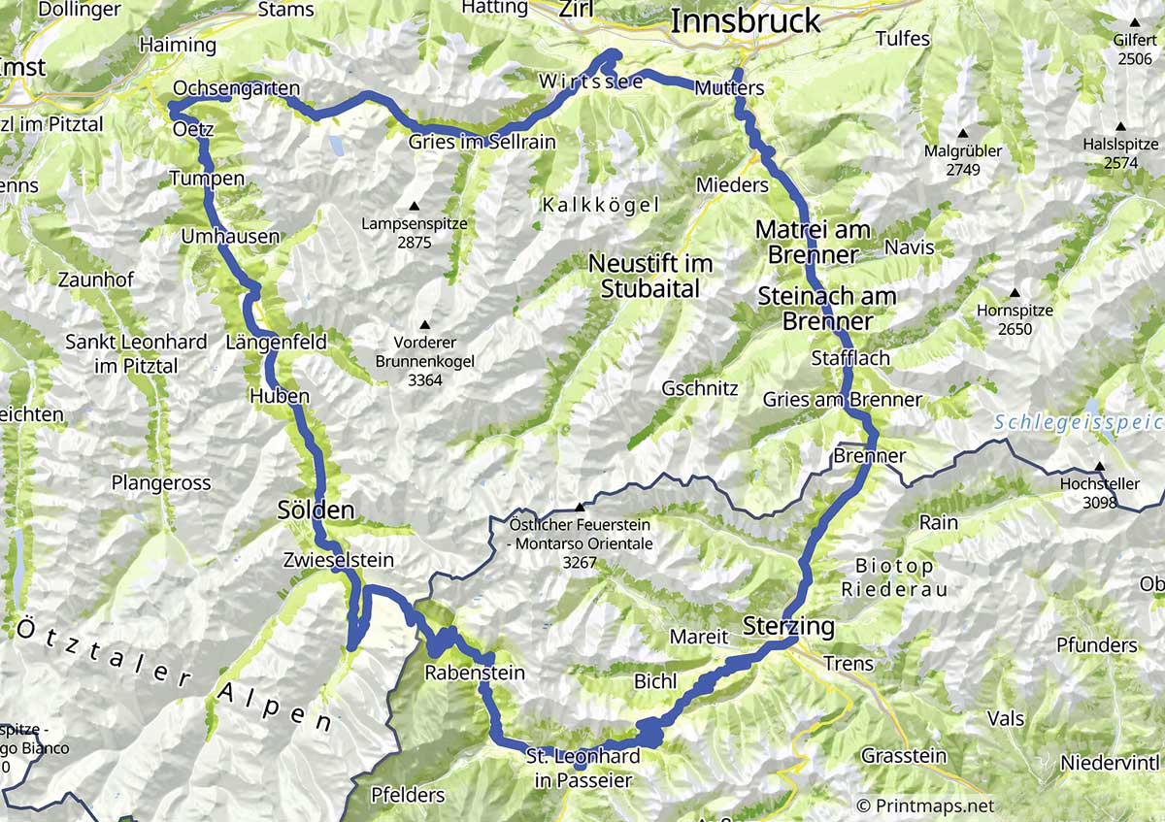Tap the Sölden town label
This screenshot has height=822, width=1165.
click(316, 510)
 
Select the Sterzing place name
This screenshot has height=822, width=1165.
click(788, 626)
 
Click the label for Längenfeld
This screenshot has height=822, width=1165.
click(276, 343)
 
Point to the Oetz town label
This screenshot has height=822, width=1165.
click(192, 129)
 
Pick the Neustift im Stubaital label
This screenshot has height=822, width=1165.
click(649, 276)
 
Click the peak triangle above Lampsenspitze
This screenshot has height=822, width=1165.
click(414, 206)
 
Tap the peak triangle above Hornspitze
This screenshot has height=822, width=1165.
click(1015, 293)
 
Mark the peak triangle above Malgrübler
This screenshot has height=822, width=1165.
click(964, 134)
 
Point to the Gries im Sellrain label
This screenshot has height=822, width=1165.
click(482, 142)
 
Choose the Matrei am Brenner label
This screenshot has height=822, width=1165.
click(813, 243)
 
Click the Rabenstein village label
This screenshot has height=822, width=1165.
click(475, 673)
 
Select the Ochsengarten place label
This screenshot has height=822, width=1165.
click(236, 88)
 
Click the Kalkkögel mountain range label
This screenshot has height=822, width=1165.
click(601, 205)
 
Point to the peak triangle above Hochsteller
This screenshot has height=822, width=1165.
click(1099, 466)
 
